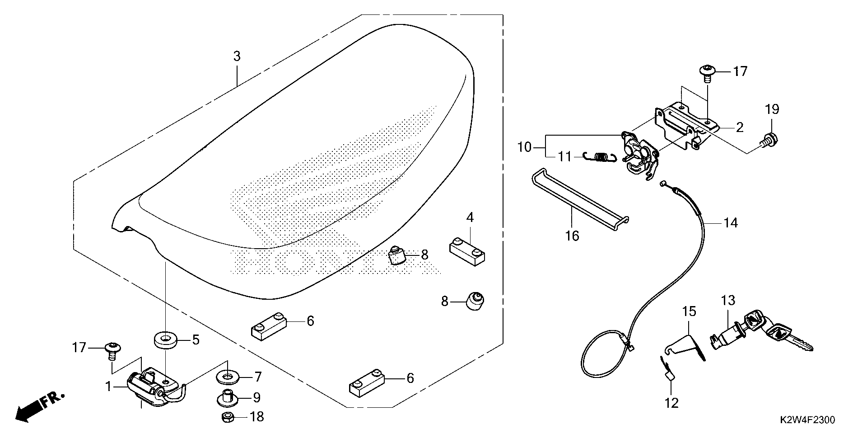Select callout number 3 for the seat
click(x=237, y=57)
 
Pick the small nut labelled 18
click(x=228, y=416)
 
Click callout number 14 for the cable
click(x=730, y=223)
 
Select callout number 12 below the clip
click(x=672, y=403)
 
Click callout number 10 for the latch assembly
click(x=525, y=147)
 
